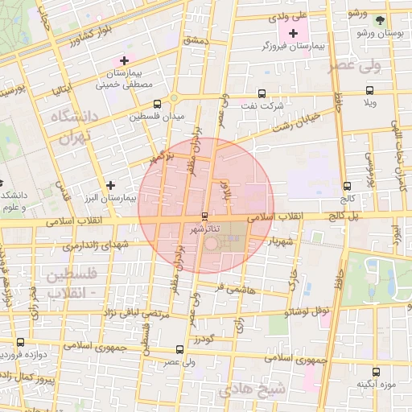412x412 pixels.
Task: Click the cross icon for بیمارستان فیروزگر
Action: (x=293, y=34)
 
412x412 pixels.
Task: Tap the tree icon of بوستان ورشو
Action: (x=381, y=21)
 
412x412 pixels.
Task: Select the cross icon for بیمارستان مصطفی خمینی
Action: (x=124, y=60)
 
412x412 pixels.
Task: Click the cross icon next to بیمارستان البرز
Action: (x=110, y=184)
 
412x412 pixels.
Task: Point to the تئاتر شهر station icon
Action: (x=204, y=216)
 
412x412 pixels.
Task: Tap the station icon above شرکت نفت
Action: (x=262, y=93)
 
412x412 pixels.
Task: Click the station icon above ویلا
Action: (x=369, y=91)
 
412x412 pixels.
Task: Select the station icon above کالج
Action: (x=346, y=185)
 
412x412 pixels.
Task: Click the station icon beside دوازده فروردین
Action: (x=19, y=341)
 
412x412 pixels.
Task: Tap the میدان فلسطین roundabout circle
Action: (x=174, y=99)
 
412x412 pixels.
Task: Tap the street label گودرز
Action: (x=204, y=341)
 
